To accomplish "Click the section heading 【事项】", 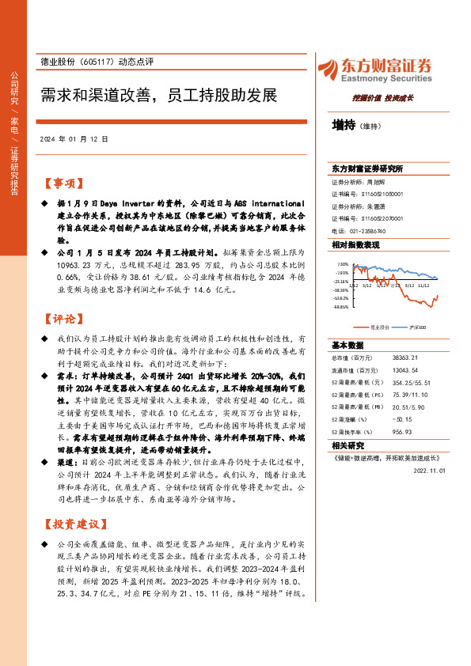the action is tap(62, 184).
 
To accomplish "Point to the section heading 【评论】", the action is tap(62, 320).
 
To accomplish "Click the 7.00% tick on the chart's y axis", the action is tap(342, 265).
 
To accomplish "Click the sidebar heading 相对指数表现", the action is tap(355, 245).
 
